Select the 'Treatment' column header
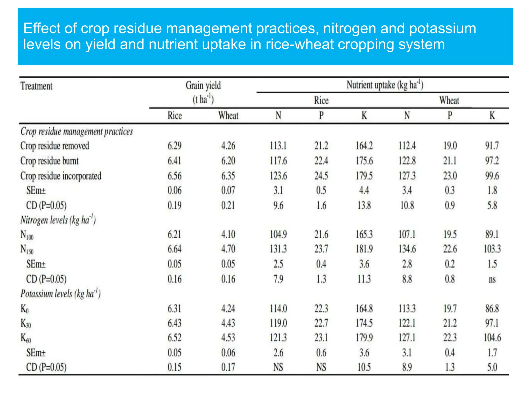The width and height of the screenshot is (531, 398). tap(36, 86)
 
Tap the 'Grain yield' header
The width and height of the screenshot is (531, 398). tap(203, 86)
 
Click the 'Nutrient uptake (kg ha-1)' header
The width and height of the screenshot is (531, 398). tap(385, 85)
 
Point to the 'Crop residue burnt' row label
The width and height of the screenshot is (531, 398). tap(49, 161)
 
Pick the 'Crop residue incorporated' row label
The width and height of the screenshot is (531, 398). tap(61, 176)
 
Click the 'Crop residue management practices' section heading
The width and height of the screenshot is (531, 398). tap(76, 131)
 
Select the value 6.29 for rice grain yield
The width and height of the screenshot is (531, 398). tap(174, 146)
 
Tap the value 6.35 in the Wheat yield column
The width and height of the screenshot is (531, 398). tap(228, 176)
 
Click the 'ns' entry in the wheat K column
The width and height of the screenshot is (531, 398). tap(492, 279)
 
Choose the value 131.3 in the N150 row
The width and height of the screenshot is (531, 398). tap(278, 249)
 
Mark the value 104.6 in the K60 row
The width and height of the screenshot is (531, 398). tap(492, 338)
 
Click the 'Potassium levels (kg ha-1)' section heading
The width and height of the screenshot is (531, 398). tap(60, 294)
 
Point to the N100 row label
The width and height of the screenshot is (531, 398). tap(27, 235)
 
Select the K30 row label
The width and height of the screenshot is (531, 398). tap(26, 323)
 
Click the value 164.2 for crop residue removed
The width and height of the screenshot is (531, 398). tap(364, 146)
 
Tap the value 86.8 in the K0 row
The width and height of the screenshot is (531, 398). tap(492, 309)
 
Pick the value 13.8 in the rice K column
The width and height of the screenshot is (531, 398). tap(364, 205)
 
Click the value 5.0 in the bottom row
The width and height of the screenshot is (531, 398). tap(492, 367)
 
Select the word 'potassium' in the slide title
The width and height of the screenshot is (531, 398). tap(443, 29)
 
